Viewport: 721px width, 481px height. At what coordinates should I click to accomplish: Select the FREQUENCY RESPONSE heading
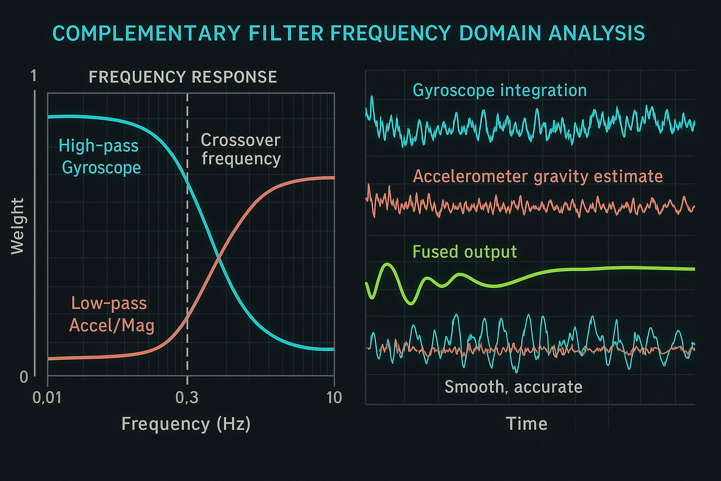tap(183, 77)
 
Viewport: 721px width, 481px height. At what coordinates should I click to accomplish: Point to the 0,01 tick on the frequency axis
tap(47, 398)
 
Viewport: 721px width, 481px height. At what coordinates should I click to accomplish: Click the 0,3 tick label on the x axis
tap(187, 398)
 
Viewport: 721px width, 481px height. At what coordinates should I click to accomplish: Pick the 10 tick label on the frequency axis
tap(334, 398)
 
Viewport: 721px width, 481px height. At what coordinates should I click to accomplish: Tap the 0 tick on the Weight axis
tap(24, 377)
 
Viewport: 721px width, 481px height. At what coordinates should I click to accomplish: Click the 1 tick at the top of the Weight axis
tap(33, 76)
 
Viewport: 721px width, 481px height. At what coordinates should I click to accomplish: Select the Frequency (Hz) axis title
tap(186, 424)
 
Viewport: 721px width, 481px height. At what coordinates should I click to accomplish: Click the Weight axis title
tap(17, 226)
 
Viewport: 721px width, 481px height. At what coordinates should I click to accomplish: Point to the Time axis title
tap(527, 424)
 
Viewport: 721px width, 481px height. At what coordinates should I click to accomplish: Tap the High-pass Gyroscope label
tap(100, 156)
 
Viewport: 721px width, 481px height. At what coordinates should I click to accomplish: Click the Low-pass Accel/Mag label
tap(111, 314)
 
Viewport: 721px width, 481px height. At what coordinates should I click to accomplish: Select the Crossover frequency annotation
tap(241, 149)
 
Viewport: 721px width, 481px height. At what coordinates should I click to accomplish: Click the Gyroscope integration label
tap(499, 90)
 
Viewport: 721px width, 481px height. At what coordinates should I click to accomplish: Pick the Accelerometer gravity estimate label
tap(537, 177)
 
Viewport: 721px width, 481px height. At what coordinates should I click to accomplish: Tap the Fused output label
tap(464, 252)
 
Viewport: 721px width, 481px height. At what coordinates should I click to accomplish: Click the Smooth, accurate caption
tap(513, 387)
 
